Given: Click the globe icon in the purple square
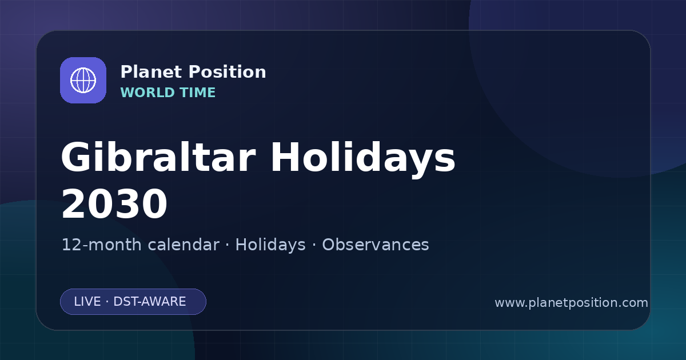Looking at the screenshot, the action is (x=83, y=80).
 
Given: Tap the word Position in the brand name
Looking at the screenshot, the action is (x=228, y=72).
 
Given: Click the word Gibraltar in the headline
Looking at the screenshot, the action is (x=158, y=157).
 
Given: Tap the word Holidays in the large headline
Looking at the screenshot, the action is (x=363, y=159).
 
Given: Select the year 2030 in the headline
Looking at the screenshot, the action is (x=114, y=204).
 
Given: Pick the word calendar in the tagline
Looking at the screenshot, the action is (x=184, y=245).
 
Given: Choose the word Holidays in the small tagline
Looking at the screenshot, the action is (x=270, y=245).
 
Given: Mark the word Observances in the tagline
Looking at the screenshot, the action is (x=376, y=245).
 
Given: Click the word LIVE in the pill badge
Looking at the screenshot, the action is (x=87, y=302).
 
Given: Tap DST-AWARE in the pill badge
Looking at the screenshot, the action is (x=149, y=302).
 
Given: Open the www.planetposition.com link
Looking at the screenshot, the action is (x=572, y=303).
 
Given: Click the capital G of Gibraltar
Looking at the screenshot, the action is (x=76, y=157).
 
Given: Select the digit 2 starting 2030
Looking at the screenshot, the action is (x=73, y=204).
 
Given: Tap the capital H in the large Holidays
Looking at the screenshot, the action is (x=286, y=157).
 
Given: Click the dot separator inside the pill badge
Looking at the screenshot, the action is (x=107, y=302).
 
